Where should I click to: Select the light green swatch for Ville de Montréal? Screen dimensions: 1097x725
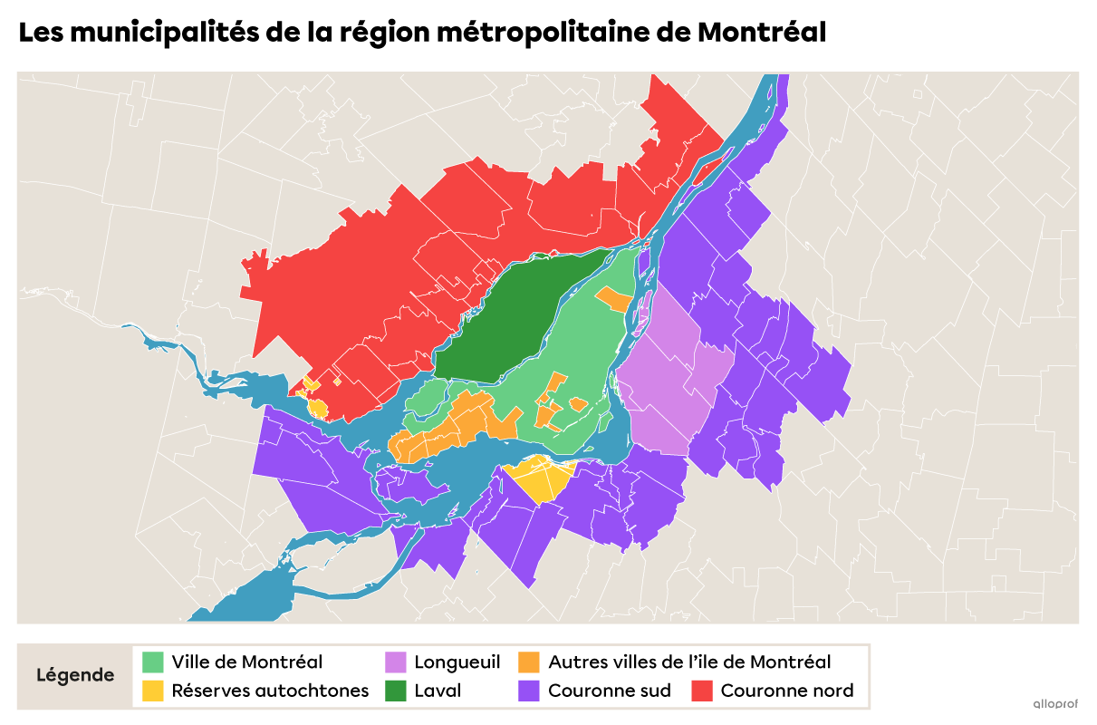click(153, 662)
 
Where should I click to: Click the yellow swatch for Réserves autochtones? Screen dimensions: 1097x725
click(153, 691)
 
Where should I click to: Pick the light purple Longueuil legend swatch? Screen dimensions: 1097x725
click(395, 662)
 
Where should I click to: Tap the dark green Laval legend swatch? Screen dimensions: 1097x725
click(395, 691)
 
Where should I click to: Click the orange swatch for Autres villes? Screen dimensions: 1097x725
click(529, 662)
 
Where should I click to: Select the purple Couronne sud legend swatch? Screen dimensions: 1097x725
click(529, 691)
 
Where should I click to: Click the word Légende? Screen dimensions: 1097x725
click(75, 676)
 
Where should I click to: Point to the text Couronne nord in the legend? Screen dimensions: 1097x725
click(786, 691)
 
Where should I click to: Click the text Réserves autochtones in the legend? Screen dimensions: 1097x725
click(270, 691)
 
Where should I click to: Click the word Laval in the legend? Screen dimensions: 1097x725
click(438, 691)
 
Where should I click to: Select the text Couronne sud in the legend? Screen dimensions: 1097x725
click(610, 691)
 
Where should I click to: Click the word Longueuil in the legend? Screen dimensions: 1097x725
click(457, 662)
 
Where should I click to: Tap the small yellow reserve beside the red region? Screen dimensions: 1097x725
click(318, 407)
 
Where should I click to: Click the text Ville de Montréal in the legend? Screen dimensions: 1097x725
click(246, 662)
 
